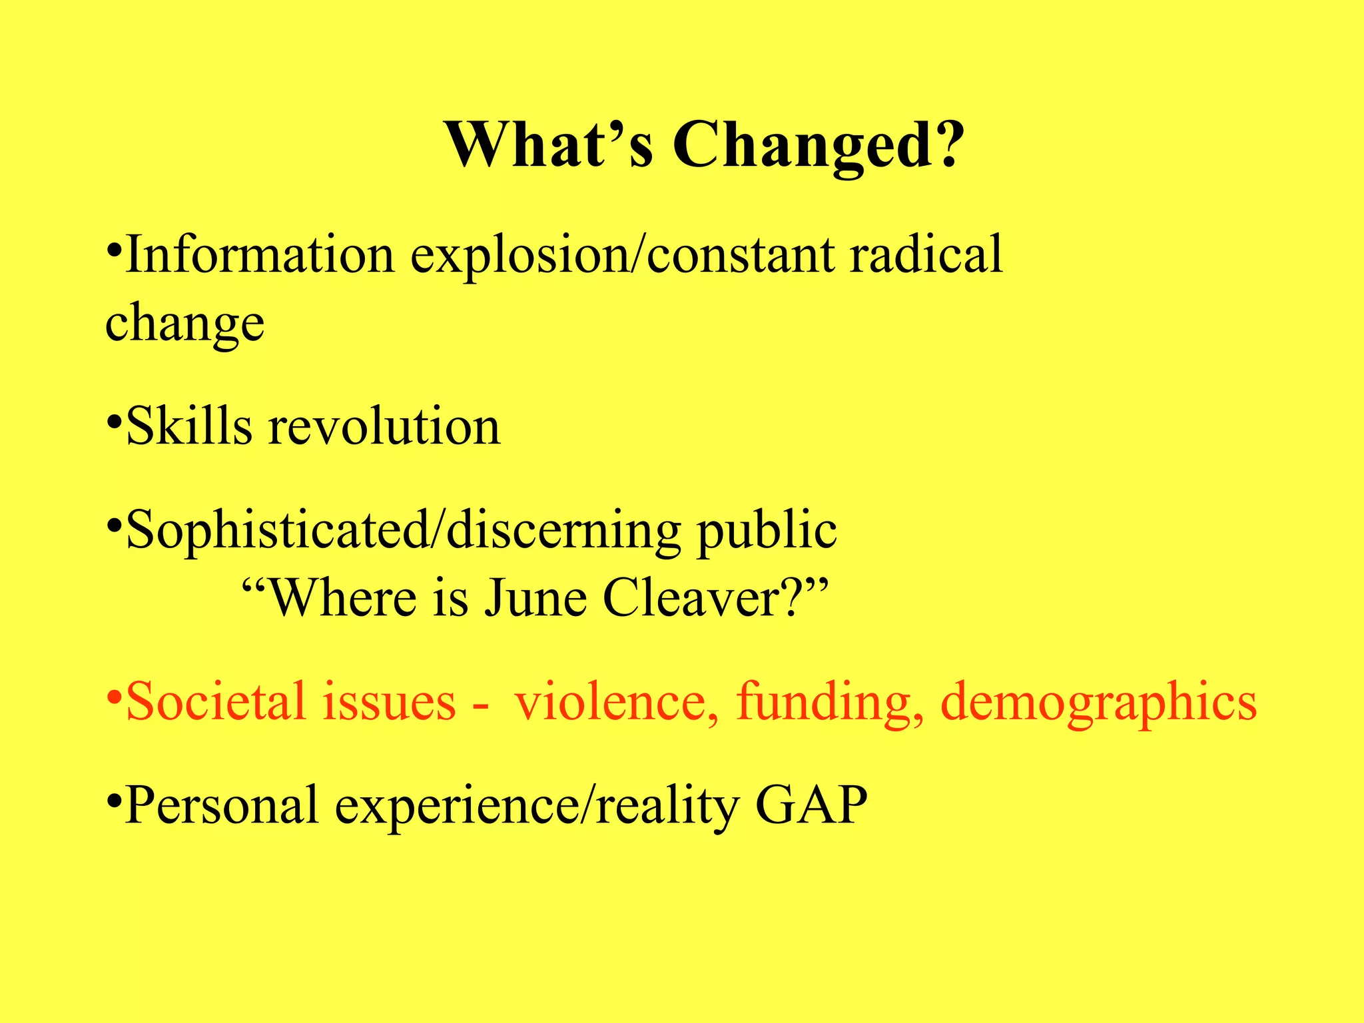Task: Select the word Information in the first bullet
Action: click(x=260, y=254)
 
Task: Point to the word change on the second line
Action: click(x=185, y=324)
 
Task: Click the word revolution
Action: click(x=384, y=426)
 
